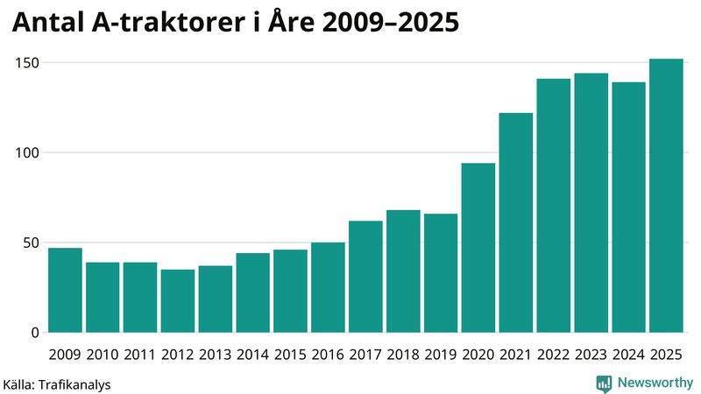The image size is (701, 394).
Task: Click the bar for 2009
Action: pos(65,290)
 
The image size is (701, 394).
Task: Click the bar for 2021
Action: pos(516,222)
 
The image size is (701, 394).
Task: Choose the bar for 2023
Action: pos(591,202)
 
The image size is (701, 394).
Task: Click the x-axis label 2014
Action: pos(252,355)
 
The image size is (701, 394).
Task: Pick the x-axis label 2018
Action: pos(403,355)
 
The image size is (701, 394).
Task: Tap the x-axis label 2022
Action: pos(554,355)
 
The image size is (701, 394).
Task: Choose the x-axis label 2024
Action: pos(628,355)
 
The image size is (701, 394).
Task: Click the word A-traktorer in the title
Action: pos(167,25)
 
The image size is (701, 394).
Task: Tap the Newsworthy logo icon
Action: pos(604,383)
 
